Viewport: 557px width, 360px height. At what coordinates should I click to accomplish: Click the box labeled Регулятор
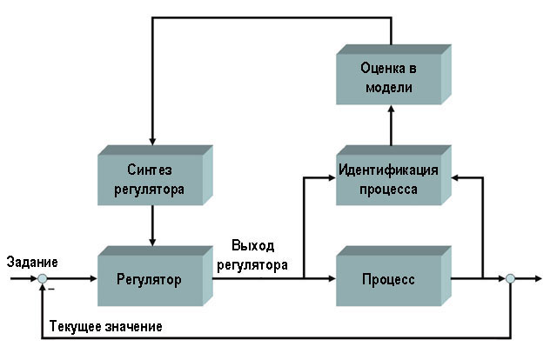pyautogui.click(x=149, y=280)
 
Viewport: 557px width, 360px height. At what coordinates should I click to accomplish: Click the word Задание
pyautogui.click(x=31, y=262)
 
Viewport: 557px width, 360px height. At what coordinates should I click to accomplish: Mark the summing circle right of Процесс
pyautogui.click(x=511, y=279)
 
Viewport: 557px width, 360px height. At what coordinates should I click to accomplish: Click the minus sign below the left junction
pyautogui.click(x=50, y=289)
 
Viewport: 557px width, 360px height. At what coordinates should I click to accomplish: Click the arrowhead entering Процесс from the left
pyautogui.click(x=332, y=279)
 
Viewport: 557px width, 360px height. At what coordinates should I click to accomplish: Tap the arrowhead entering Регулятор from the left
pyautogui.click(x=93, y=279)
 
